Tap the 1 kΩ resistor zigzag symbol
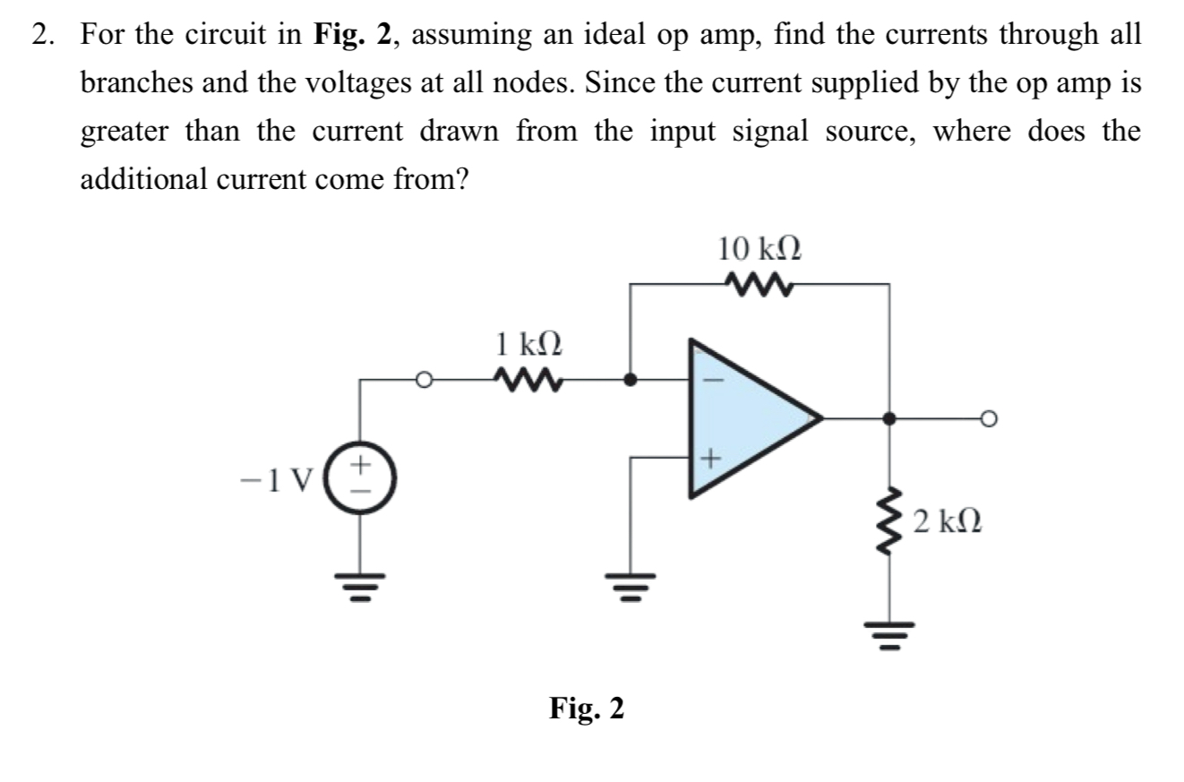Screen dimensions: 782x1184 pos(528,380)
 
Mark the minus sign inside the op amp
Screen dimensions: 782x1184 pos(714,379)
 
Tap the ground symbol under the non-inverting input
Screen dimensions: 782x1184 pos(631,582)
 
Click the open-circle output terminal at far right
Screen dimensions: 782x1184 pos(988,418)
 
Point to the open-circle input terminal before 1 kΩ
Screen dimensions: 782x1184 pos(425,380)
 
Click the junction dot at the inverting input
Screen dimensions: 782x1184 pos(631,380)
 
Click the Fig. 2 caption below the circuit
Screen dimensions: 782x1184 pos(587,709)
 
